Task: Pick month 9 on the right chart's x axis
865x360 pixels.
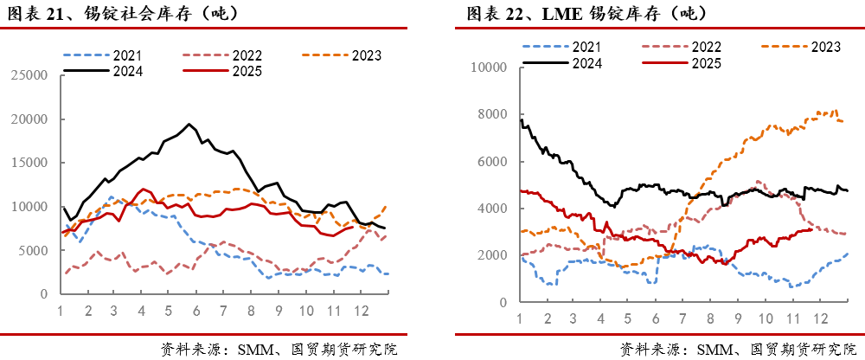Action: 738,318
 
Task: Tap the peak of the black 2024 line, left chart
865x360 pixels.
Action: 190,124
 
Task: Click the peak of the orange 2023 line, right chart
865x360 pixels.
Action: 836,110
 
